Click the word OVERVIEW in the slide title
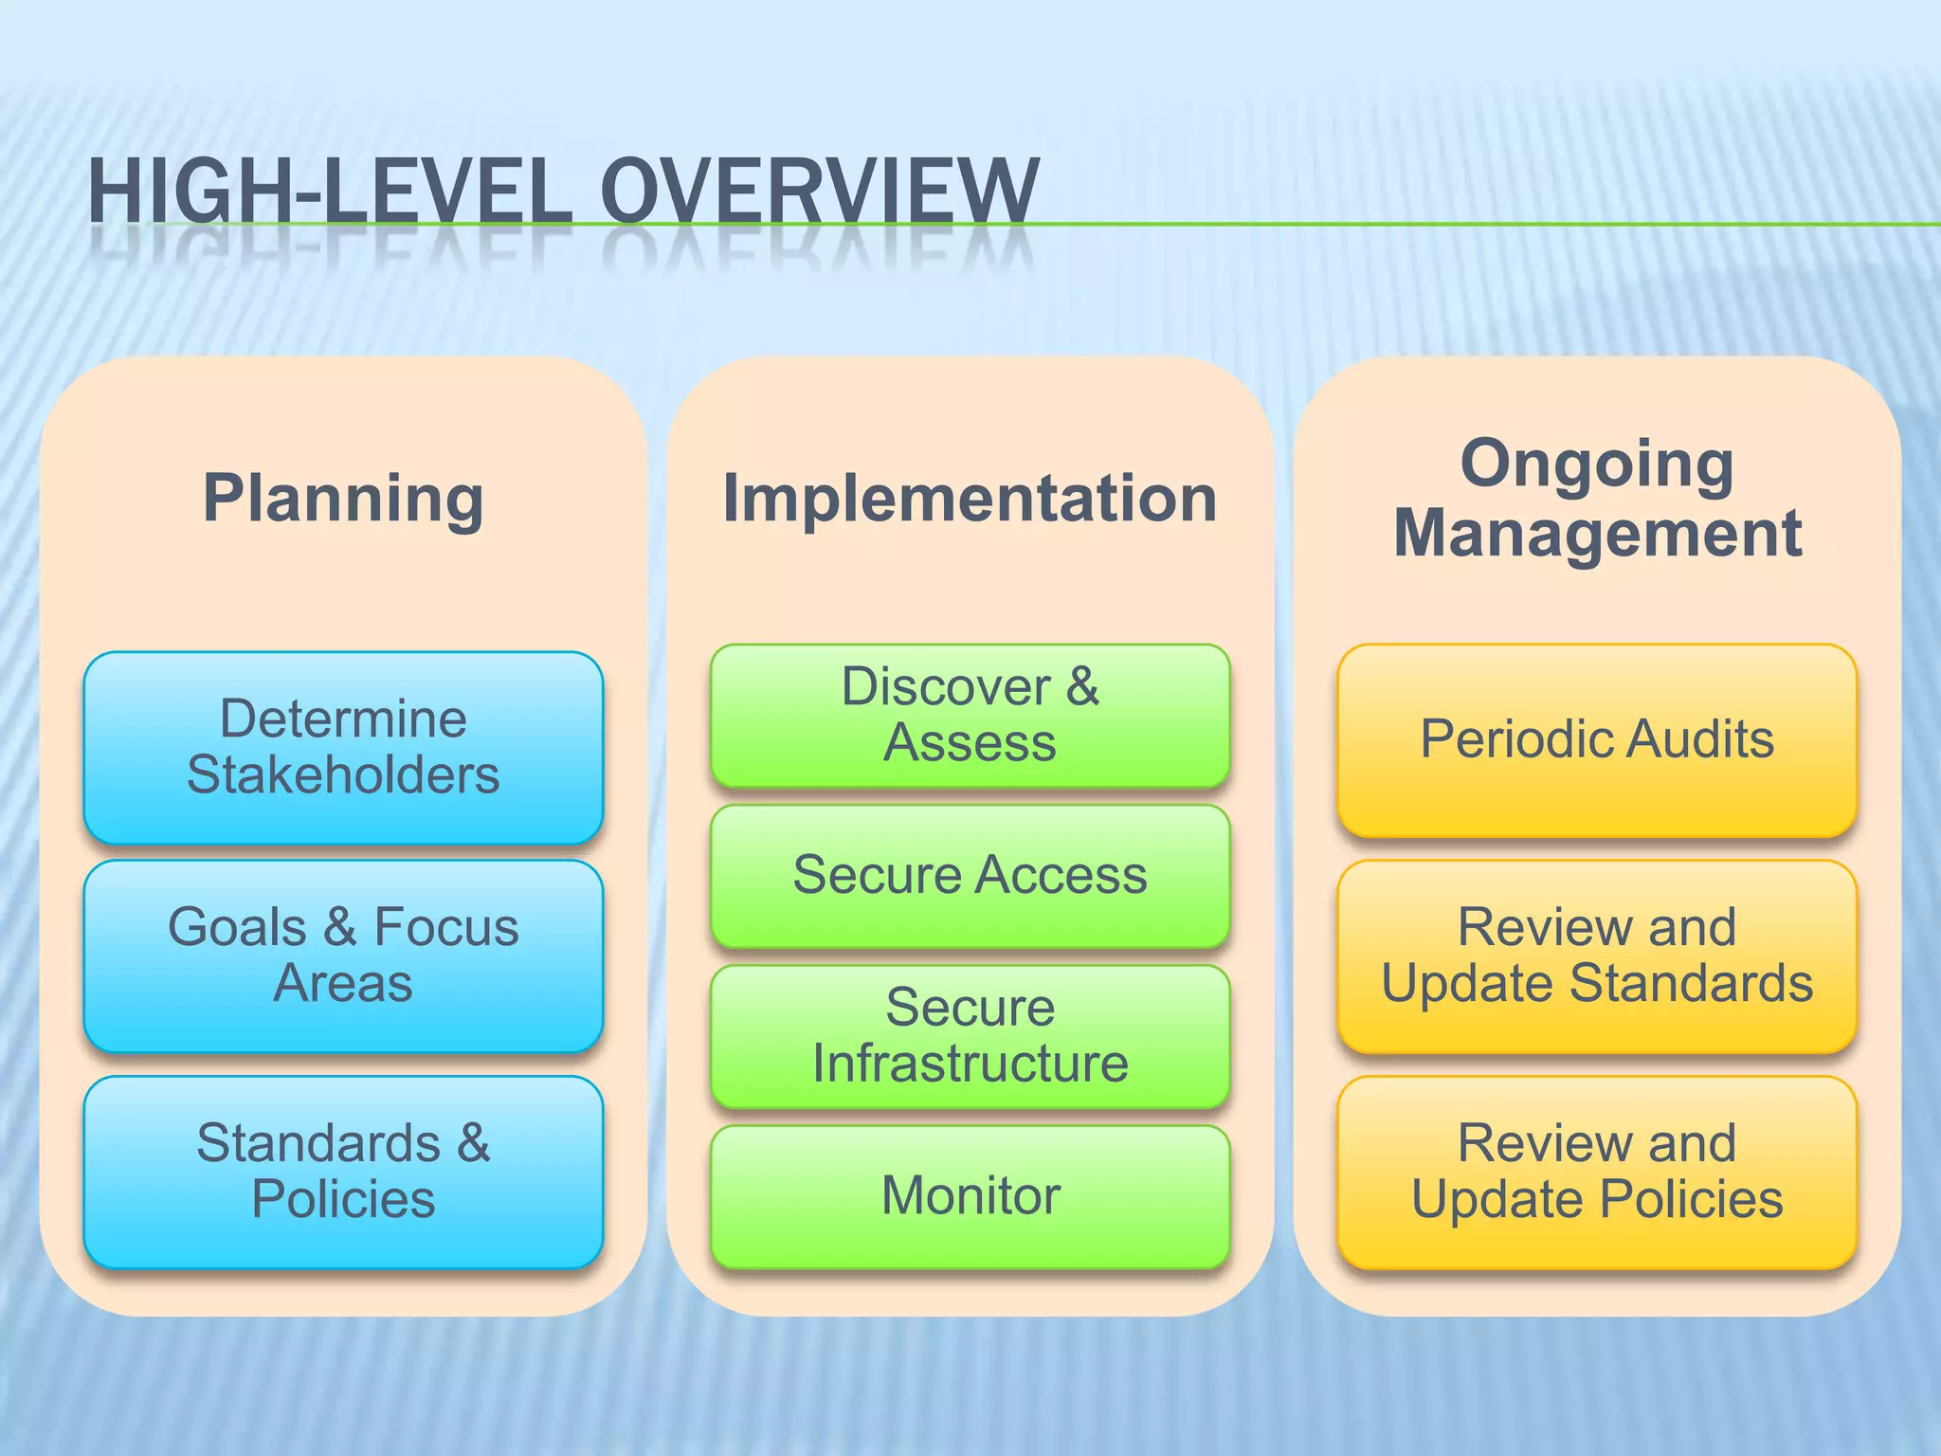[820, 191]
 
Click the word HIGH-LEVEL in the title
[330, 191]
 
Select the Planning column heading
[343, 499]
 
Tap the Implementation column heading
[970, 499]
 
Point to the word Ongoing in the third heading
[1597, 464]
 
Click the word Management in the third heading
[1597, 534]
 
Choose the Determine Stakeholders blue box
[343, 747]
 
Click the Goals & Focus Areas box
[343, 955]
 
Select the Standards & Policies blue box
[343, 1172]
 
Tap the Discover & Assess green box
[970, 716]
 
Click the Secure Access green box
[970, 875]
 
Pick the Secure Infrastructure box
[970, 1035]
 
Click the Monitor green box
[970, 1196]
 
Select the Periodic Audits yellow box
[1597, 739]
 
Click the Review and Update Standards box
[1597, 955]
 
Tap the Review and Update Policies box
[1597, 1172]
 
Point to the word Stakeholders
[343, 775]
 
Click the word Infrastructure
[970, 1064]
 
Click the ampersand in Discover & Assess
[1082, 686]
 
